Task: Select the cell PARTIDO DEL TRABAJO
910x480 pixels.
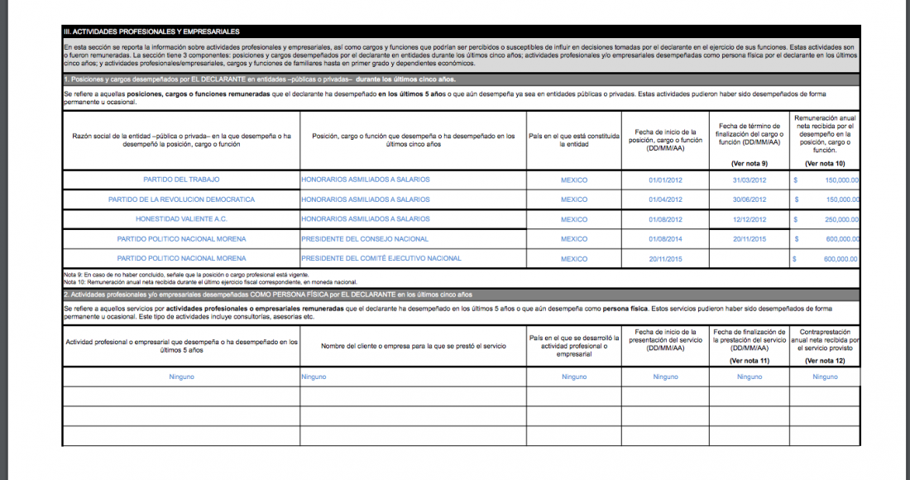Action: [181, 180]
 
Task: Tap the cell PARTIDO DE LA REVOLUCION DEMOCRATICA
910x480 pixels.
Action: [181, 199]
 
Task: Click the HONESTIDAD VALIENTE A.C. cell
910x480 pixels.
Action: [181, 219]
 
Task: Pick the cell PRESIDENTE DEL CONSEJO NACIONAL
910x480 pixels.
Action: [365, 239]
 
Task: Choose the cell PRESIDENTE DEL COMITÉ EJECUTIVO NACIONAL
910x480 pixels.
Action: [381, 259]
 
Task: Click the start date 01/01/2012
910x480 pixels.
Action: [665, 180]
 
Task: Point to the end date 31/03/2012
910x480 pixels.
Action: [750, 180]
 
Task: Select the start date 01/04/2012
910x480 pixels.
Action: [665, 199]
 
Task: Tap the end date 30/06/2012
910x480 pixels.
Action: [750, 199]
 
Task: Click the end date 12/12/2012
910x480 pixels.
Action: [750, 219]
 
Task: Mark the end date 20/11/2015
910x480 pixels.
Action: [750, 239]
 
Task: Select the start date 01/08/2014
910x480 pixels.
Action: [665, 239]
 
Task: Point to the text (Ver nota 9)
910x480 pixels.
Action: [750, 163]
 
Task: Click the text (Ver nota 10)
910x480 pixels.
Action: [825, 163]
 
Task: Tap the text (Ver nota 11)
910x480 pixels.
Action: [750, 361]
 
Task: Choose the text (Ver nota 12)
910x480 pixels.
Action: [825, 361]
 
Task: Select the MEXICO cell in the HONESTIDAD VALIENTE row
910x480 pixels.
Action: [573, 219]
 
